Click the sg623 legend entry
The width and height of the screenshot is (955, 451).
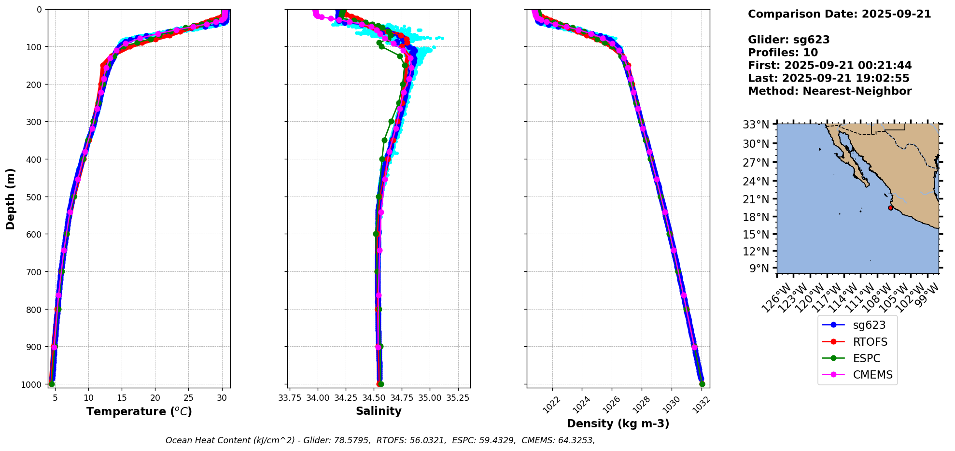click(869, 325)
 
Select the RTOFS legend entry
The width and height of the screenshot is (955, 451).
click(870, 342)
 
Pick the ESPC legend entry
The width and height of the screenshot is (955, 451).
click(867, 358)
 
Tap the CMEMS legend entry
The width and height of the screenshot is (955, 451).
click(872, 375)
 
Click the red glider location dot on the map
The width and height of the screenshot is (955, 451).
click(890, 208)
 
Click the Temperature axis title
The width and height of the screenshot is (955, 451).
click(139, 411)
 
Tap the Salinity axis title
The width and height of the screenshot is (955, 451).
click(379, 411)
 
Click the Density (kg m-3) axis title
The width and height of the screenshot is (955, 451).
click(618, 423)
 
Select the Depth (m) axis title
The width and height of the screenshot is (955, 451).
click(11, 198)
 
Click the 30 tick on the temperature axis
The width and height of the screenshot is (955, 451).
click(222, 398)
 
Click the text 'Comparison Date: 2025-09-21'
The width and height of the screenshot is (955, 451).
click(839, 14)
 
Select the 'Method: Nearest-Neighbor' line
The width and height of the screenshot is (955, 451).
click(829, 91)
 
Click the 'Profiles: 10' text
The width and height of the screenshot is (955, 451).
click(783, 53)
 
